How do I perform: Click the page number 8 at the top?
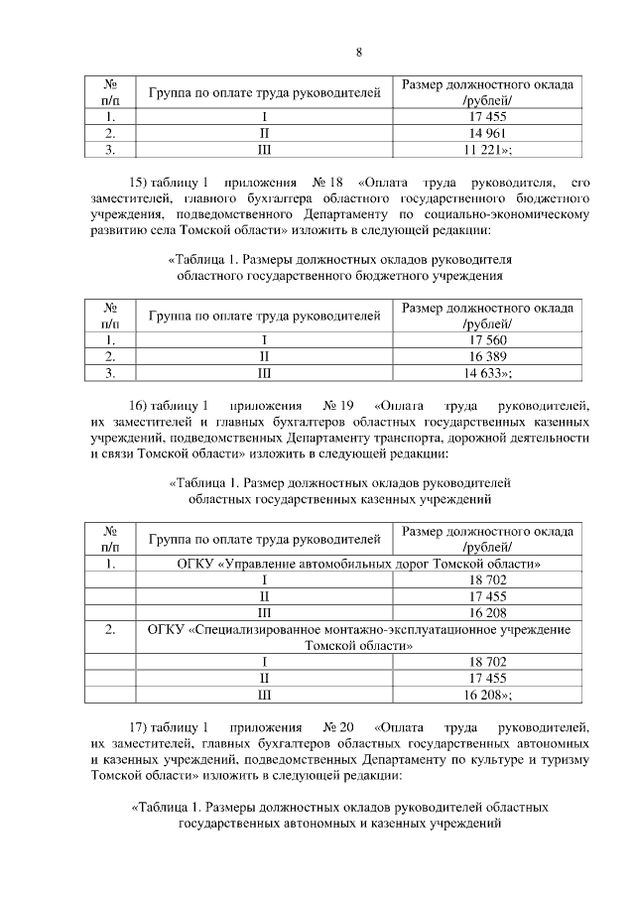coord(358,53)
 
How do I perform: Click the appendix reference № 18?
coord(327,183)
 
